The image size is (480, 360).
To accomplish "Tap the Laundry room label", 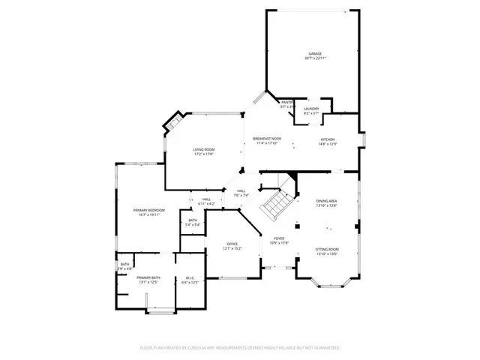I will click(311, 109).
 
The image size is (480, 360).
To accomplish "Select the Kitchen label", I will click(328, 139).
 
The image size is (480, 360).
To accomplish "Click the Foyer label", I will click(278, 238).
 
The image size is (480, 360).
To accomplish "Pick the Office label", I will click(232, 244).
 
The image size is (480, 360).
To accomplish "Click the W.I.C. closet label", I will click(190, 277).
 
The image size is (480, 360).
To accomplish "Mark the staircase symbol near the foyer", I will click(276, 202).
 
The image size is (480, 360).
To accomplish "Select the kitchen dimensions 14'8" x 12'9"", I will click(328, 144).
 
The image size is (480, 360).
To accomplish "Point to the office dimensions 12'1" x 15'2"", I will click(232, 249).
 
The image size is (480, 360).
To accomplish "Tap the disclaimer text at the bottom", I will click(240, 348).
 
